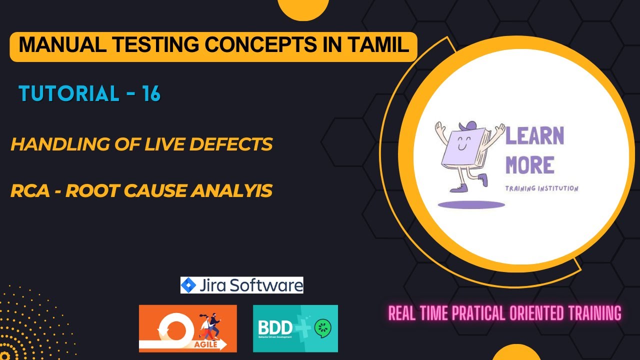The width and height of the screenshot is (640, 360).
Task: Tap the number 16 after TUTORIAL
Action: tap(150, 93)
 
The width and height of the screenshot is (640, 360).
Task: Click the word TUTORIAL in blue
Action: tap(68, 93)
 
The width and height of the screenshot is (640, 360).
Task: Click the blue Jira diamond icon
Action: tap(188, 285)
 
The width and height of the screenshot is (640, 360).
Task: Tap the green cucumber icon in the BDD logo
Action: tap(322, 328)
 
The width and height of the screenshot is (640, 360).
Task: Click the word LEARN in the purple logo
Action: tap(534, 136)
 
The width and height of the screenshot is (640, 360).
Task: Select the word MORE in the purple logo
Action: tap(529, 165)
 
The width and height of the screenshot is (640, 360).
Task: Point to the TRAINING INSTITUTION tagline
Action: tap(541, 188)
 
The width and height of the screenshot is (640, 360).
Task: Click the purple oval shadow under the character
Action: tap(471, 204)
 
